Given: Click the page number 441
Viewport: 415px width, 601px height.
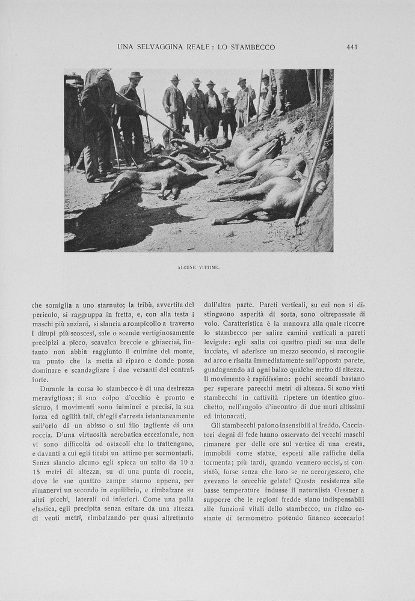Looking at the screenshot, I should (352, 47).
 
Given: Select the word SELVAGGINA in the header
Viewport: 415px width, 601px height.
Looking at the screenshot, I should (159, 47).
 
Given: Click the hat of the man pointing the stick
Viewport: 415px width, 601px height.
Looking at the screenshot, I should (135, 75).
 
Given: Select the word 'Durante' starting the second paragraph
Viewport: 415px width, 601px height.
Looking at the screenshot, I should (52, 389).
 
